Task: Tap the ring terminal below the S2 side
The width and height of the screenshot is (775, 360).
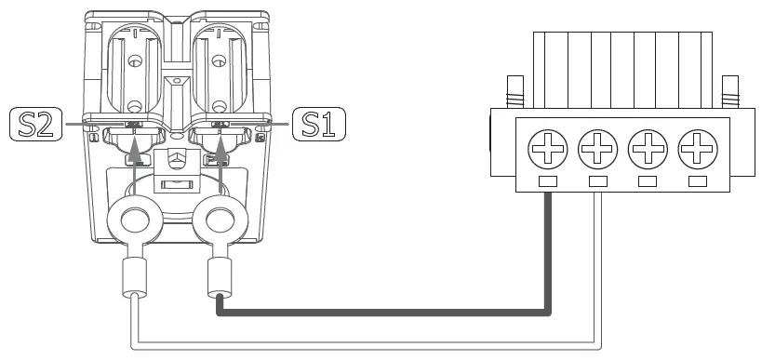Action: (137, 221)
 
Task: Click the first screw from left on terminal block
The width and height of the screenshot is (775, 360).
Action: (547, 147)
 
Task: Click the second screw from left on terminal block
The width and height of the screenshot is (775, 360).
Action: (597, 147)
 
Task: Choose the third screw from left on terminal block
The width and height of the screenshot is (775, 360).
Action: (648, 147)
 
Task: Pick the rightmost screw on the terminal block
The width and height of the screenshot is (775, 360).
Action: (697, 147)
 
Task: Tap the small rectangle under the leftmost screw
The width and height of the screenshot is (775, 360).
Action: (547, 180)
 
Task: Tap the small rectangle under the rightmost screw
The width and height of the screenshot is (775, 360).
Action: (697, 180)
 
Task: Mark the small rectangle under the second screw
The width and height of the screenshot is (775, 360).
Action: (597, 180)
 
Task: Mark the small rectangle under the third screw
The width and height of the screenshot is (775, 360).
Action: (648, 180)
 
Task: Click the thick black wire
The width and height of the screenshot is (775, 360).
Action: (391, 311)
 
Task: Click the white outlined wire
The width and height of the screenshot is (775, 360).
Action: (372, 348)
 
